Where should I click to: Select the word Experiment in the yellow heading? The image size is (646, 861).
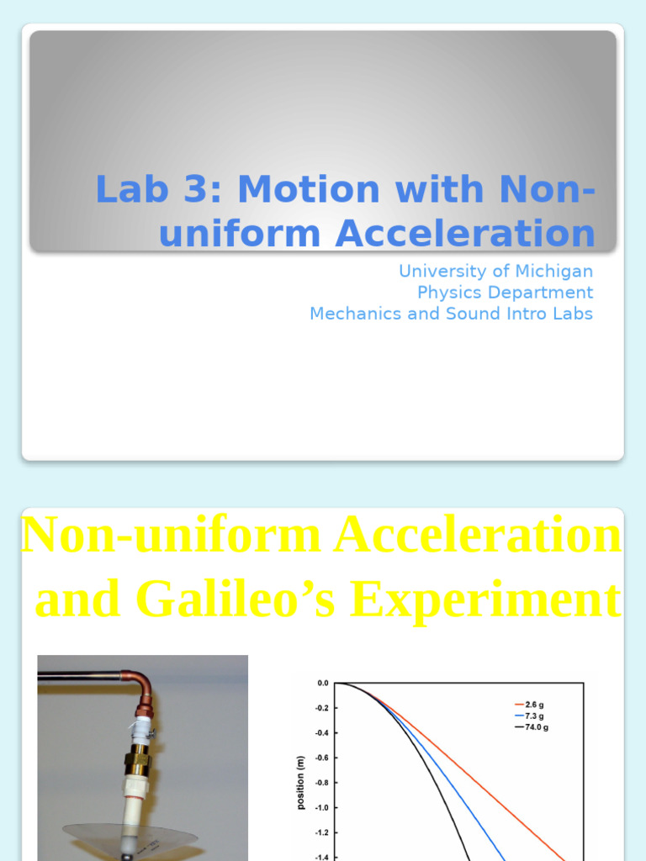[x=486, y=600]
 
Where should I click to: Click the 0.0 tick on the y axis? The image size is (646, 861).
[x=323, y=683]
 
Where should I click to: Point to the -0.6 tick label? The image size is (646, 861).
[x=322, y=758]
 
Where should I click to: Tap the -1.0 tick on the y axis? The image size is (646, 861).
[x=322, y=807]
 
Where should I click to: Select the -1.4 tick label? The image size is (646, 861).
[x=322, y=857]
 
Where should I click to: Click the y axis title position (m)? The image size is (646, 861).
[x=300, y=783]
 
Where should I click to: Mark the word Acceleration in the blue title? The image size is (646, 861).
[x=464, y=233]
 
